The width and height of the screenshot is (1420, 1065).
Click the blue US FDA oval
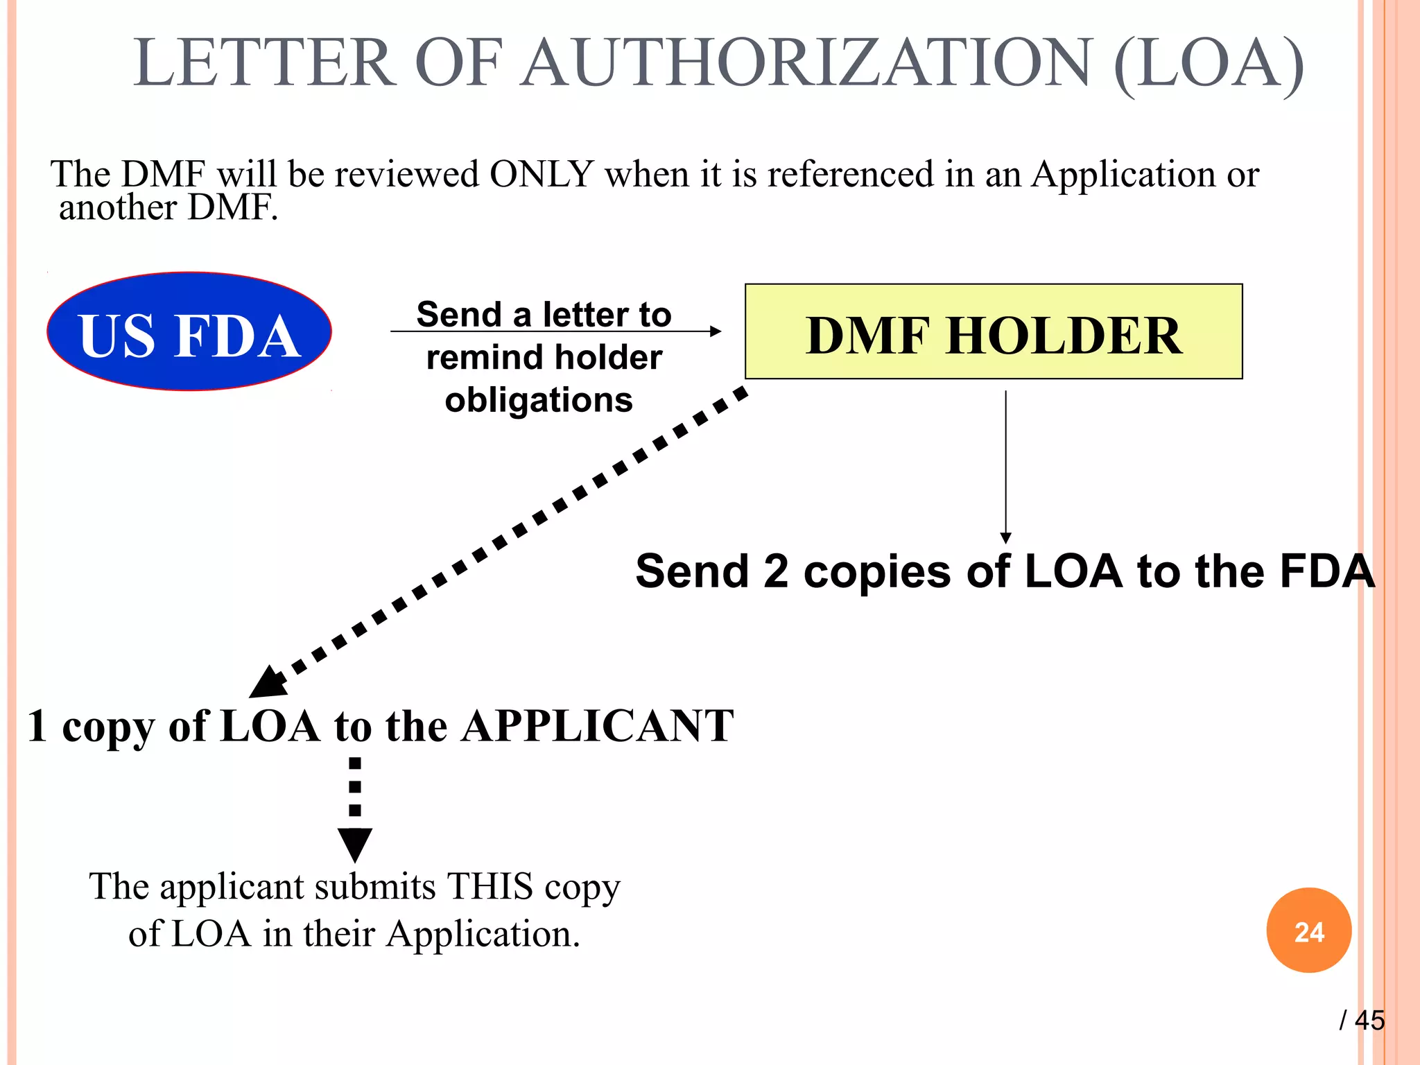189,331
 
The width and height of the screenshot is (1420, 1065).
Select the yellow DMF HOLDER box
993,332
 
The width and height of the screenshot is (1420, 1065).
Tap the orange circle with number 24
1308,930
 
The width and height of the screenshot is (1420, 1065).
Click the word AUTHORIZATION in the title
808,63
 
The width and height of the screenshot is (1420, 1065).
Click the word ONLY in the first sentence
542,174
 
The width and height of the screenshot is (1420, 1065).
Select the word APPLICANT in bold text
597,726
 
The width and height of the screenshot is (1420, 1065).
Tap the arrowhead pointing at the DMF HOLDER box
716,331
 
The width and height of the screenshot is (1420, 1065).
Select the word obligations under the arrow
539,400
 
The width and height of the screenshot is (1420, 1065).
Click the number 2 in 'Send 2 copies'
776,571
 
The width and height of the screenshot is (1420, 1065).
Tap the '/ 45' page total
1362,1020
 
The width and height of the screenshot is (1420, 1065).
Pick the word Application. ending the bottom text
483,933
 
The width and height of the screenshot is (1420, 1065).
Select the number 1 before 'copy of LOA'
37,726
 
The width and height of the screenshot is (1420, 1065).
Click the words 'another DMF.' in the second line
168,207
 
